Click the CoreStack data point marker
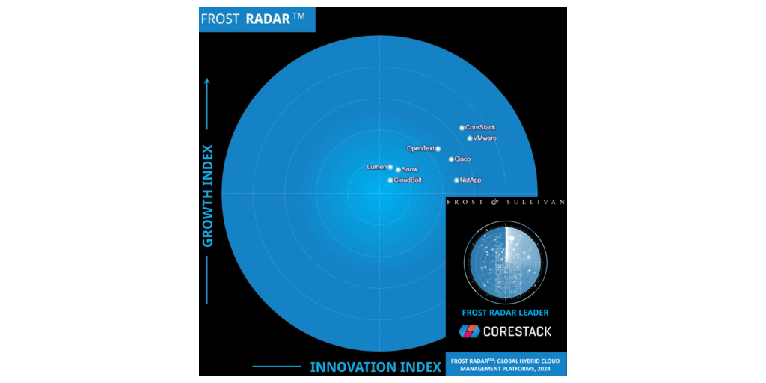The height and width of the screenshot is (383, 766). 462,128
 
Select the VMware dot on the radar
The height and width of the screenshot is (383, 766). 470,138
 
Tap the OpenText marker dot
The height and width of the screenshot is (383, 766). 438,149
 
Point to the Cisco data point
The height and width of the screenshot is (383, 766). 451,159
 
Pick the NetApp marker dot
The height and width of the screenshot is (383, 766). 457,180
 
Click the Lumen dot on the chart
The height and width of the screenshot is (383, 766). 390,167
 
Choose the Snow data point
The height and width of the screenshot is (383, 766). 398,170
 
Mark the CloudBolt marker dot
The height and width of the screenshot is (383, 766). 390,180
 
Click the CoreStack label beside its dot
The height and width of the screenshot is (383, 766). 480,127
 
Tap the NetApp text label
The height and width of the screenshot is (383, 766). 471,180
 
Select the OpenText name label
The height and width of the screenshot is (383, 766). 420,148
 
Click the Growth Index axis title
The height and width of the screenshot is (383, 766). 208,196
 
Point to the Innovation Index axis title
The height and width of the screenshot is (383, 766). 376,367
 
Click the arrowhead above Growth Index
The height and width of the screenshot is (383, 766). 207,81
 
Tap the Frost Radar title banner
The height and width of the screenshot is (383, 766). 257,19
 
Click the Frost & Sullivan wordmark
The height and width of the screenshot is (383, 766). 506,201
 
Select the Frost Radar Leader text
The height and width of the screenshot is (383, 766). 505,312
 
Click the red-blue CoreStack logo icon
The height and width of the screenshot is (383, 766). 469,331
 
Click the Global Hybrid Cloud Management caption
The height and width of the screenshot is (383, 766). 506,364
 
